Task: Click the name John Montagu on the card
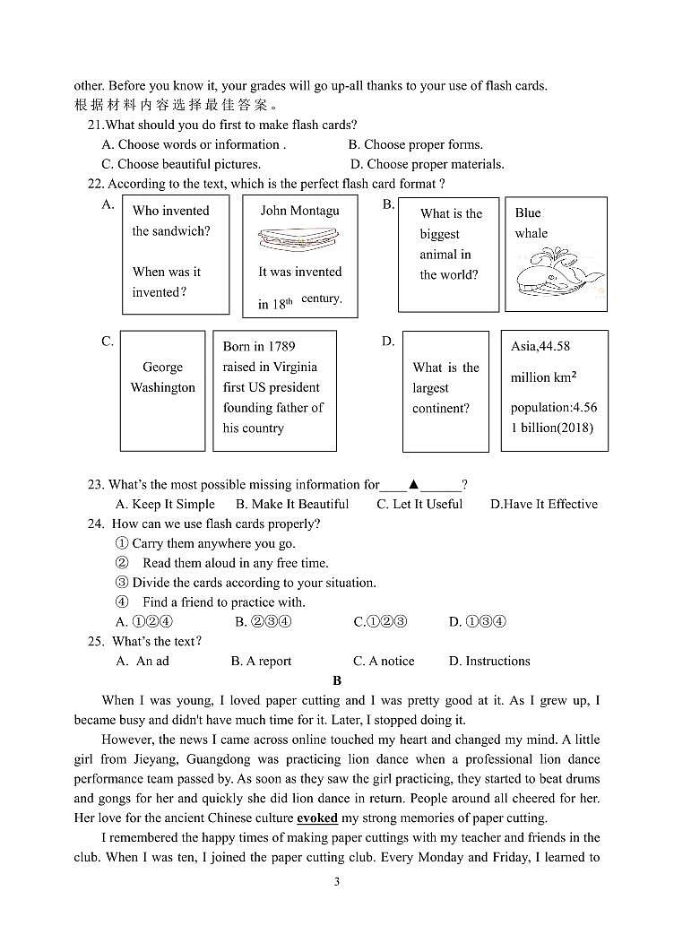(x=299, y=211)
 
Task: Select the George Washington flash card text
(x=162, y=377)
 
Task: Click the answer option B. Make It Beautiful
(x=292, y=504)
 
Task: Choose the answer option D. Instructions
(x=489, y=661)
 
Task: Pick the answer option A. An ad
(x=143, y=661)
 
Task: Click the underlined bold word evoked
(x=318, y=818)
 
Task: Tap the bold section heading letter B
(x=337, y=680)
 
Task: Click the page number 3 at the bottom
(x=337, y=881)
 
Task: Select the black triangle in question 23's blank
(x=413, y=484)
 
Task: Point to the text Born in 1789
(x=259, y=346)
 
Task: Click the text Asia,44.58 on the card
(x=540, y=346)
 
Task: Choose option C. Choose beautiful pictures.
(x=181, y=164)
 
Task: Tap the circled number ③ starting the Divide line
(x=122, y=583)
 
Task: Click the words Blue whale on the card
(x=530, y=223)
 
